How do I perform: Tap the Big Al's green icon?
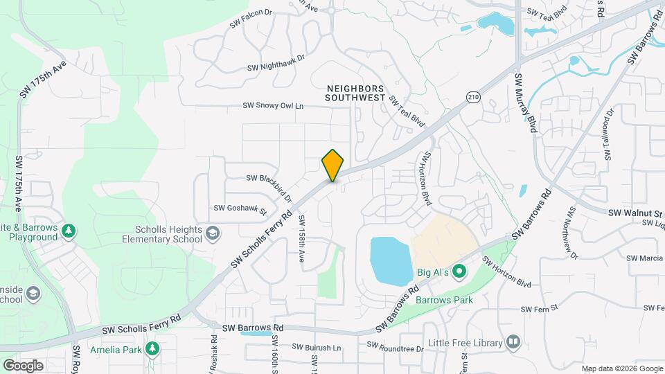(x=459, y=271)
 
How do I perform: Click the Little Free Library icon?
(x=513, y=341)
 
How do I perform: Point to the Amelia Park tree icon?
(x=152, y=349)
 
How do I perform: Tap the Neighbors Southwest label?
(x=355, y=93)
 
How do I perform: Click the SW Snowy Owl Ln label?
(x=273, y=106)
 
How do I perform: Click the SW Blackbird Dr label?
(x=269, y=184)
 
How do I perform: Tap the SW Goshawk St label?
(x=240, y=207)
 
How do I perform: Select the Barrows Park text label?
(x=444, y=301)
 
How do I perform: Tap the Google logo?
(x=23, y=365)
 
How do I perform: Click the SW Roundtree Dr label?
(x=395, y=345)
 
